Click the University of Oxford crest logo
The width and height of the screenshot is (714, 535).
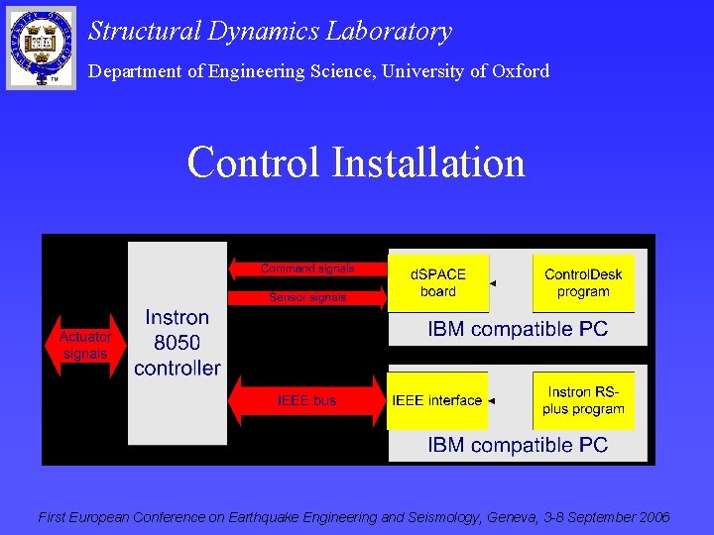point(41,47)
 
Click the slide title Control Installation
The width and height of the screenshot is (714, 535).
point(356,162)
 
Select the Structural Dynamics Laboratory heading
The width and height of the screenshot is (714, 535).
point(270,31)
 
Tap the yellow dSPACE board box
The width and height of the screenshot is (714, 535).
point(437,282)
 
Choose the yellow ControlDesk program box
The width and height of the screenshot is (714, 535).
point(583,282)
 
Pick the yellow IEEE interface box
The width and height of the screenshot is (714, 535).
point(437,401)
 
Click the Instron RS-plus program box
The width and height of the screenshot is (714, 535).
point(583,400)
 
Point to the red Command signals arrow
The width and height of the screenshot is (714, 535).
point(305,268)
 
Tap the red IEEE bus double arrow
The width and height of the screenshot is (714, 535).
point(306,400)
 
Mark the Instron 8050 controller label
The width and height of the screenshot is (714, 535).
point(178,343)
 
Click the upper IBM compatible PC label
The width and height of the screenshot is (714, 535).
point(518,329)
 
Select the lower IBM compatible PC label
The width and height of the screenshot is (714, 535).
point(518,445)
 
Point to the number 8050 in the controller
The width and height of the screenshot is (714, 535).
point(178,343)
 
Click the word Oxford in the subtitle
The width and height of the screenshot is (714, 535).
point(520,71)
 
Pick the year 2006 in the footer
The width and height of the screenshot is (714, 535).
point(654,517)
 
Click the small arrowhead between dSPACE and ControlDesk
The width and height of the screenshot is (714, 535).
point(493,283)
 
